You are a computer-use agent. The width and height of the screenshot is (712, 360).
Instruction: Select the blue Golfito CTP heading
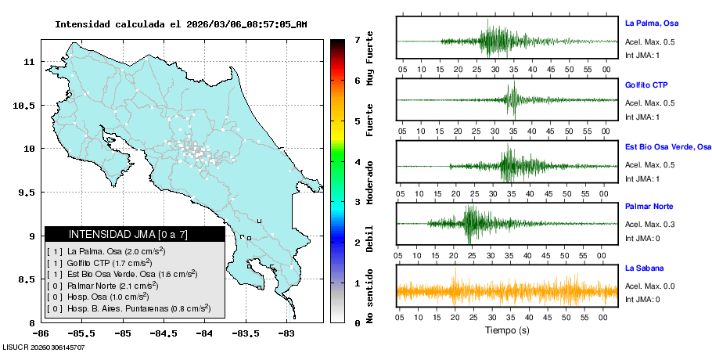pyautogui.click(x=646, y=85)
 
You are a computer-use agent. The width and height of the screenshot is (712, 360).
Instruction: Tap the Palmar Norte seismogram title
pyautogui.click(x=649, y=207)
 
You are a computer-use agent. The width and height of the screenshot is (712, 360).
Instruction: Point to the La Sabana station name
pyautogui.click(x=643, y=268)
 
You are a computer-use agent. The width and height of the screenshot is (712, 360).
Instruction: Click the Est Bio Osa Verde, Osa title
pyautogui.click(x=667, y=146)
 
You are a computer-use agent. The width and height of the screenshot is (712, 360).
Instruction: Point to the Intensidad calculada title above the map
pyautogui.click(x=181, y=24)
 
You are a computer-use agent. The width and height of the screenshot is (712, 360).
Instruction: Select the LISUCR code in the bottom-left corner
pyautogui.click(x=44, y=347)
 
